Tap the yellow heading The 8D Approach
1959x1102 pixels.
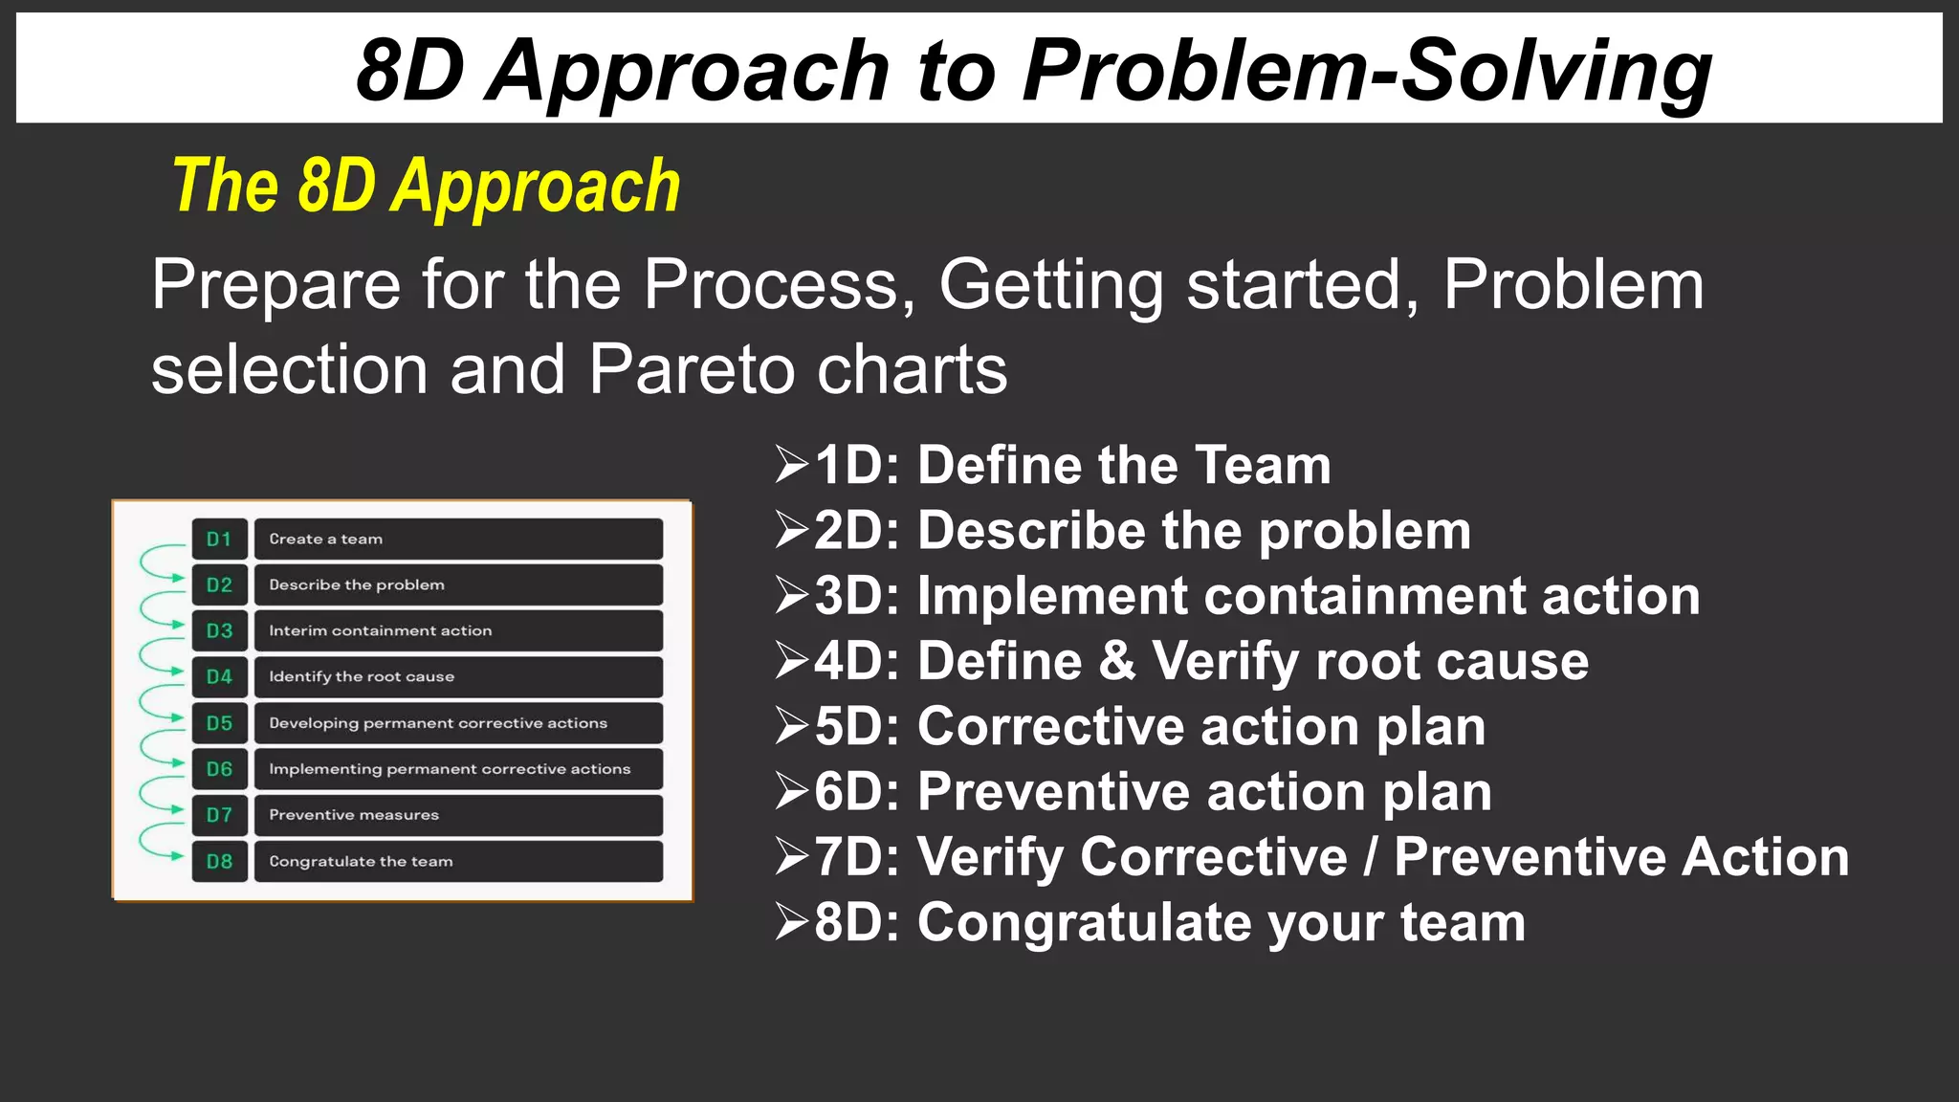427,187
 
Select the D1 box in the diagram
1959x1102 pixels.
219,540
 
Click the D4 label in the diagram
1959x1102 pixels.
219,677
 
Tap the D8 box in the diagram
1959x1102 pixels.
219,862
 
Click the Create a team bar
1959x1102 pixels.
458,540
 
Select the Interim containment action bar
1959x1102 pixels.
458,631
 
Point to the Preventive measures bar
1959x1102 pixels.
458,815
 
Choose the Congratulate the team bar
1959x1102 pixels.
458,862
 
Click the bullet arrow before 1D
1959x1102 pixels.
792,465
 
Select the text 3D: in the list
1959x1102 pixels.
857,596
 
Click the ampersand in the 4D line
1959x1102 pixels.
1116,661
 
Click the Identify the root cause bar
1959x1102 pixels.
458,677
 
